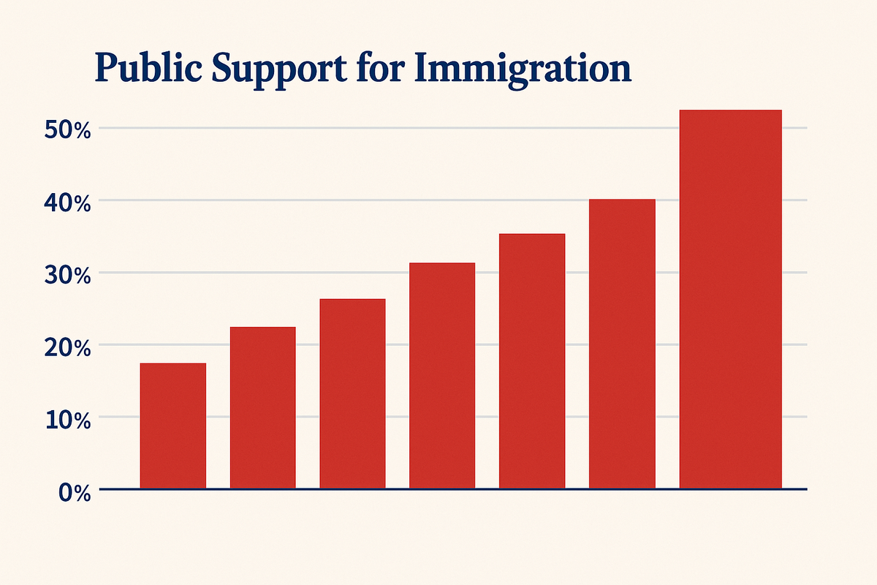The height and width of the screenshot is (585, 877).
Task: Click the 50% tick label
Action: pos(67,131)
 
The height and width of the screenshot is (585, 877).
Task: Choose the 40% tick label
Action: pos(67,203)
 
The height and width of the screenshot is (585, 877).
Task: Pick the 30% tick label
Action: pos(67,276)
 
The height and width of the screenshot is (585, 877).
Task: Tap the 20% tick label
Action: pos(67,348)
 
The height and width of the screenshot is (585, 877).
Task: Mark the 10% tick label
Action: pos(67,420)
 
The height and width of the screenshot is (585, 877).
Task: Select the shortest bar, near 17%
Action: pos(173,426)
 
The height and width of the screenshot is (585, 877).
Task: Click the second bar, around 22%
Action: pos(263,407)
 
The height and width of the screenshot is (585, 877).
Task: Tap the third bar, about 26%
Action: pos(352,393)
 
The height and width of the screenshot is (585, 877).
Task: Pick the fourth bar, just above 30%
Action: pos(442,375)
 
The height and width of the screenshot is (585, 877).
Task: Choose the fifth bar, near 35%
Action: pos(532,361)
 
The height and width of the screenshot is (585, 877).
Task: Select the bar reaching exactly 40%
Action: pos(622,344)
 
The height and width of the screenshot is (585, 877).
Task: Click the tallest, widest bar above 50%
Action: pos(730,299)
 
